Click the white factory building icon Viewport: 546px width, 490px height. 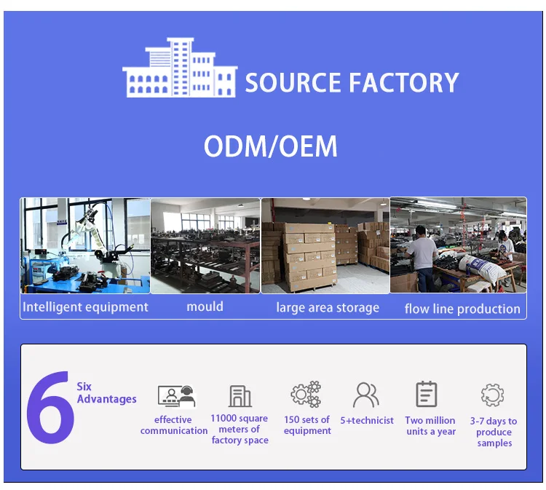click(180, 68)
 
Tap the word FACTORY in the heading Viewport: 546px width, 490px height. click(404, 83)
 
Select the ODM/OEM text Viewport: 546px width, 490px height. click(271, 147)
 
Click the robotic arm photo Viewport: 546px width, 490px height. click(85, 245)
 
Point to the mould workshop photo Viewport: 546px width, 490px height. click(205, 245)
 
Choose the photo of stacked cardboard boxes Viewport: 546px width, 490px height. click(325, 245)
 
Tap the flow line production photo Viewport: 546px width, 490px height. click(458, 245)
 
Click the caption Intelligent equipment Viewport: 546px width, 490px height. click(85, 307)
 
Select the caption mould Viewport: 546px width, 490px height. click(205, 307)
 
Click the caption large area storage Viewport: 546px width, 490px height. click(328, 308)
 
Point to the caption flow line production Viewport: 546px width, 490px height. click(462, 309)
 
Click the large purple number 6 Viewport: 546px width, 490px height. click(50, 408)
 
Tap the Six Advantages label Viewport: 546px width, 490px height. click(106, 393)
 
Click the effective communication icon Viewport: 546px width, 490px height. click(176, 396)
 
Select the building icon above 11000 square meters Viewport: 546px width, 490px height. click(240, 396)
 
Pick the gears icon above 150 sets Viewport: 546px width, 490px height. click(306, 395)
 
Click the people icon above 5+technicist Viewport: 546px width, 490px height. click(366, 395)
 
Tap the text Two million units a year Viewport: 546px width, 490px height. click(430, 426)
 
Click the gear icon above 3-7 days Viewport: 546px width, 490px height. click(493, 395)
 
